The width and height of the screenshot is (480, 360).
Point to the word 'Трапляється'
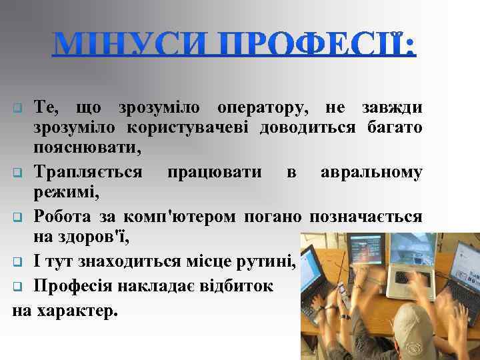click(87, 172)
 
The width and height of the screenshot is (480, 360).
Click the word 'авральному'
click(371, 172)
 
